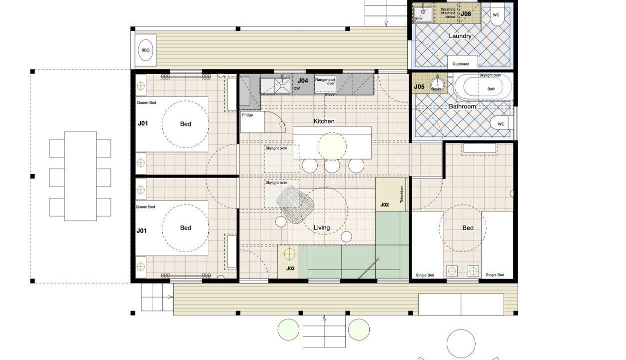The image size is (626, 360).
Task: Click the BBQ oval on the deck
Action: pos(145,50)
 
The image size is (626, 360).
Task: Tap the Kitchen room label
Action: pos(324,121)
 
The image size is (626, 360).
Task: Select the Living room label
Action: pos(322,227)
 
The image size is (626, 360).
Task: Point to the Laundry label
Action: pos(460,36)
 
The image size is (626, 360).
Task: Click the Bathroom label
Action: pos(462,106)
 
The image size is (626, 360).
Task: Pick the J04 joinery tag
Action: pos(303,81)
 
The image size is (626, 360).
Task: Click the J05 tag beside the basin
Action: pos(419,86)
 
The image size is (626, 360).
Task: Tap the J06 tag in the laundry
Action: pos(466,13)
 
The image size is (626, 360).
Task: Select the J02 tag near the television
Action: pos(385,205)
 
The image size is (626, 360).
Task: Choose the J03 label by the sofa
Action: pos(290,268)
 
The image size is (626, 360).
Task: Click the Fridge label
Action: pos(247,115)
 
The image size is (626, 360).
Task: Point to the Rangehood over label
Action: pos(325,81)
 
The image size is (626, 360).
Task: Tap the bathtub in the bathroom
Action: pos(483,86)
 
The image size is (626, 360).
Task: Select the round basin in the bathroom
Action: pos(436,84)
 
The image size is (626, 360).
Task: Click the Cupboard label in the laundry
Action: pos(461,64)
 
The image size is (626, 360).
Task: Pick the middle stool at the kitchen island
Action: pos(332,165)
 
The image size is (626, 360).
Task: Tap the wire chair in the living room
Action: pos(295,205)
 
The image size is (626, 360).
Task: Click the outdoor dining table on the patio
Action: pos(80,176)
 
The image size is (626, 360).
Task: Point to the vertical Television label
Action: pos(402,194)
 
